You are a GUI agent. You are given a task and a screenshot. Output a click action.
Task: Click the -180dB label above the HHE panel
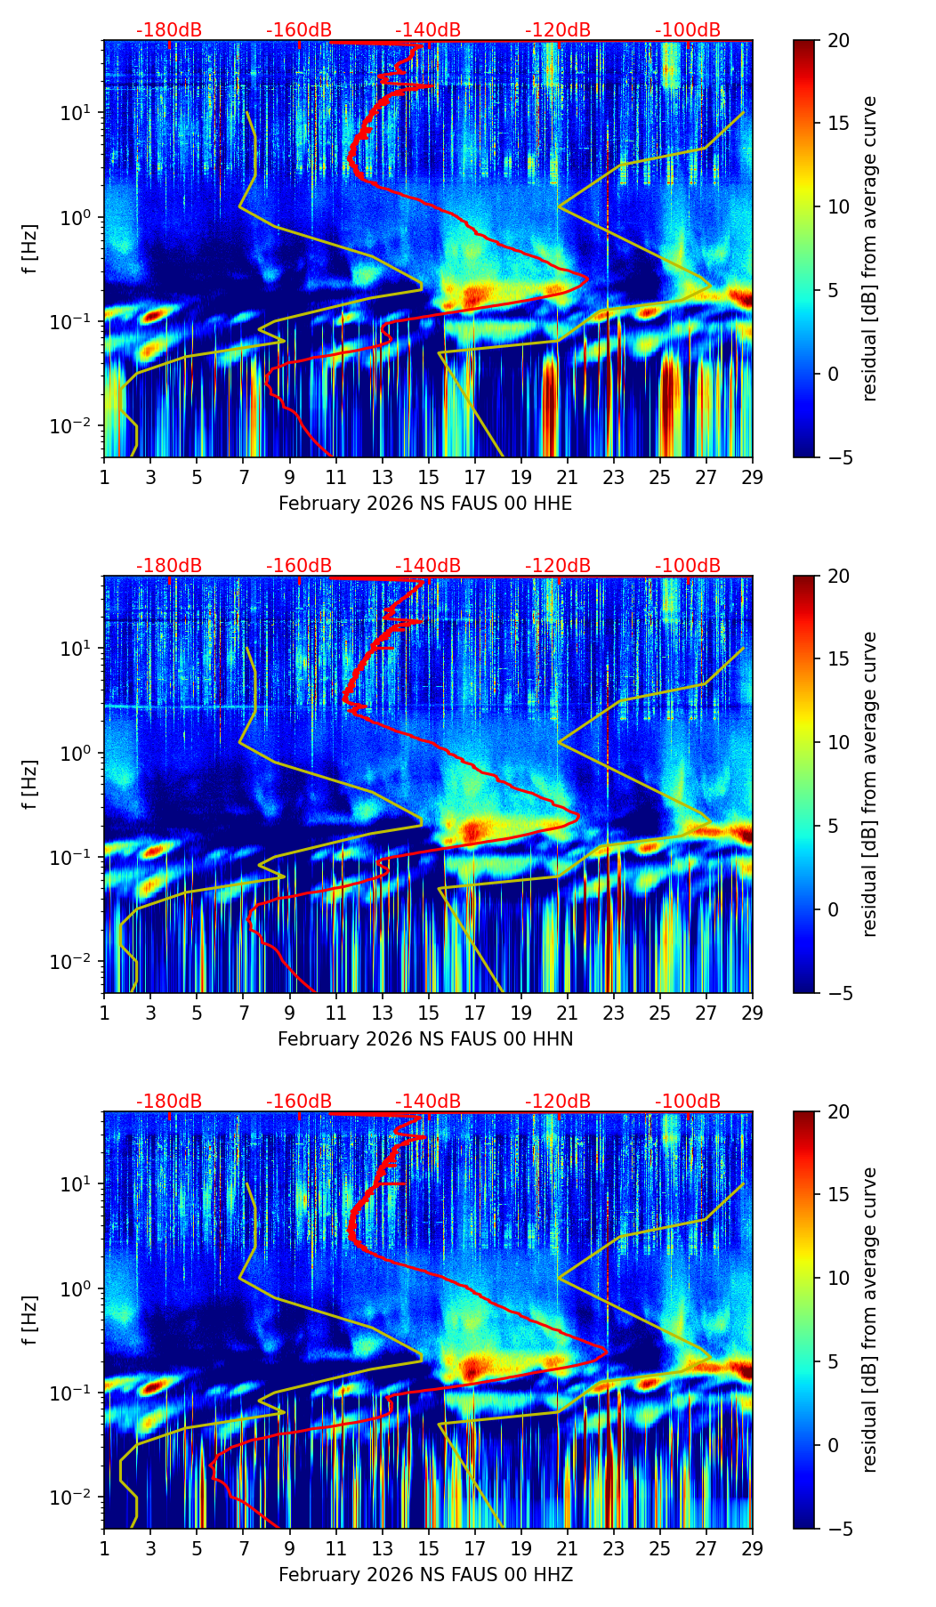pos(169,30)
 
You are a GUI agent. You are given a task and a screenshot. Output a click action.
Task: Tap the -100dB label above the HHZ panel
pos(688,1102)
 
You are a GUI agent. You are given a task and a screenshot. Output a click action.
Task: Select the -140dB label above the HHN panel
pos(428,566)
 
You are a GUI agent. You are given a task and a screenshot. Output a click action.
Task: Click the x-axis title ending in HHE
pos(425,504)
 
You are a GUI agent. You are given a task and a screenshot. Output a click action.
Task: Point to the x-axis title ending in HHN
pos(425,1039)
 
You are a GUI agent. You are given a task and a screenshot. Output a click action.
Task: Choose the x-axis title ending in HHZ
pos(425,1575)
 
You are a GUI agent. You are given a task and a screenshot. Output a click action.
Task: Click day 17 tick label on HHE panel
pos(475,477)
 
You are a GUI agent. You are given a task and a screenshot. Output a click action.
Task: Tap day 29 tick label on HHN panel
pos(753,1013)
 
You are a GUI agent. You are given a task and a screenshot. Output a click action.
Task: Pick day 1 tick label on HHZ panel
pos(104,1548)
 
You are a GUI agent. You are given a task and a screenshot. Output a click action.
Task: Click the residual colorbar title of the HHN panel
pos(870,784)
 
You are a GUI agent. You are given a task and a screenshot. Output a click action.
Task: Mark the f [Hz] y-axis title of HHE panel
pos(30,248)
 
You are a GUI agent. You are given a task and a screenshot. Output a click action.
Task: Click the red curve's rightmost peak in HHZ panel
pos(607,1352)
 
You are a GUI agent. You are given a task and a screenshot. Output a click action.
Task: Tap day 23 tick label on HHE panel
pos(614,477)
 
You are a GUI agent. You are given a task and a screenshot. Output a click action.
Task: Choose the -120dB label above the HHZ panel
pos(558,1102)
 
